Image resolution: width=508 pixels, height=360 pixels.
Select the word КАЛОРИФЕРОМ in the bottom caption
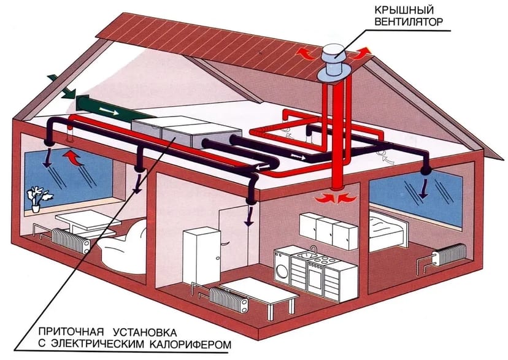[191, 344]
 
